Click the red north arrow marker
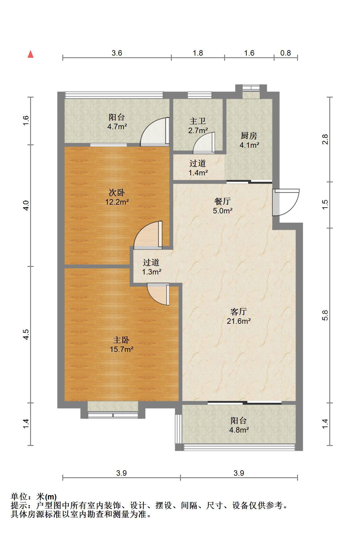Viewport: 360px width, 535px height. point(30,54)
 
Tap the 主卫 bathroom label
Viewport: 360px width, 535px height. point(198,121)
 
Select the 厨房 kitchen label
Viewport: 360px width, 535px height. point(249,136)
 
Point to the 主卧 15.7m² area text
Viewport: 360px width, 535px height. point(122,349)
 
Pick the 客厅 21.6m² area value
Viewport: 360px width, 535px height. point(239,321)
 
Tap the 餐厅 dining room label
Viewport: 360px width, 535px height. point(223,201)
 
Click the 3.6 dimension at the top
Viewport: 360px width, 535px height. point(117,53)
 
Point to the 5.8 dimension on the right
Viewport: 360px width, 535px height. point(325,315)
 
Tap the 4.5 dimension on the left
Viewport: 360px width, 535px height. point(26,334)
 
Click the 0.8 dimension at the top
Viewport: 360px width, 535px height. point(286,53)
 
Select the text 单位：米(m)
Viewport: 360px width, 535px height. point(34,497)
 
